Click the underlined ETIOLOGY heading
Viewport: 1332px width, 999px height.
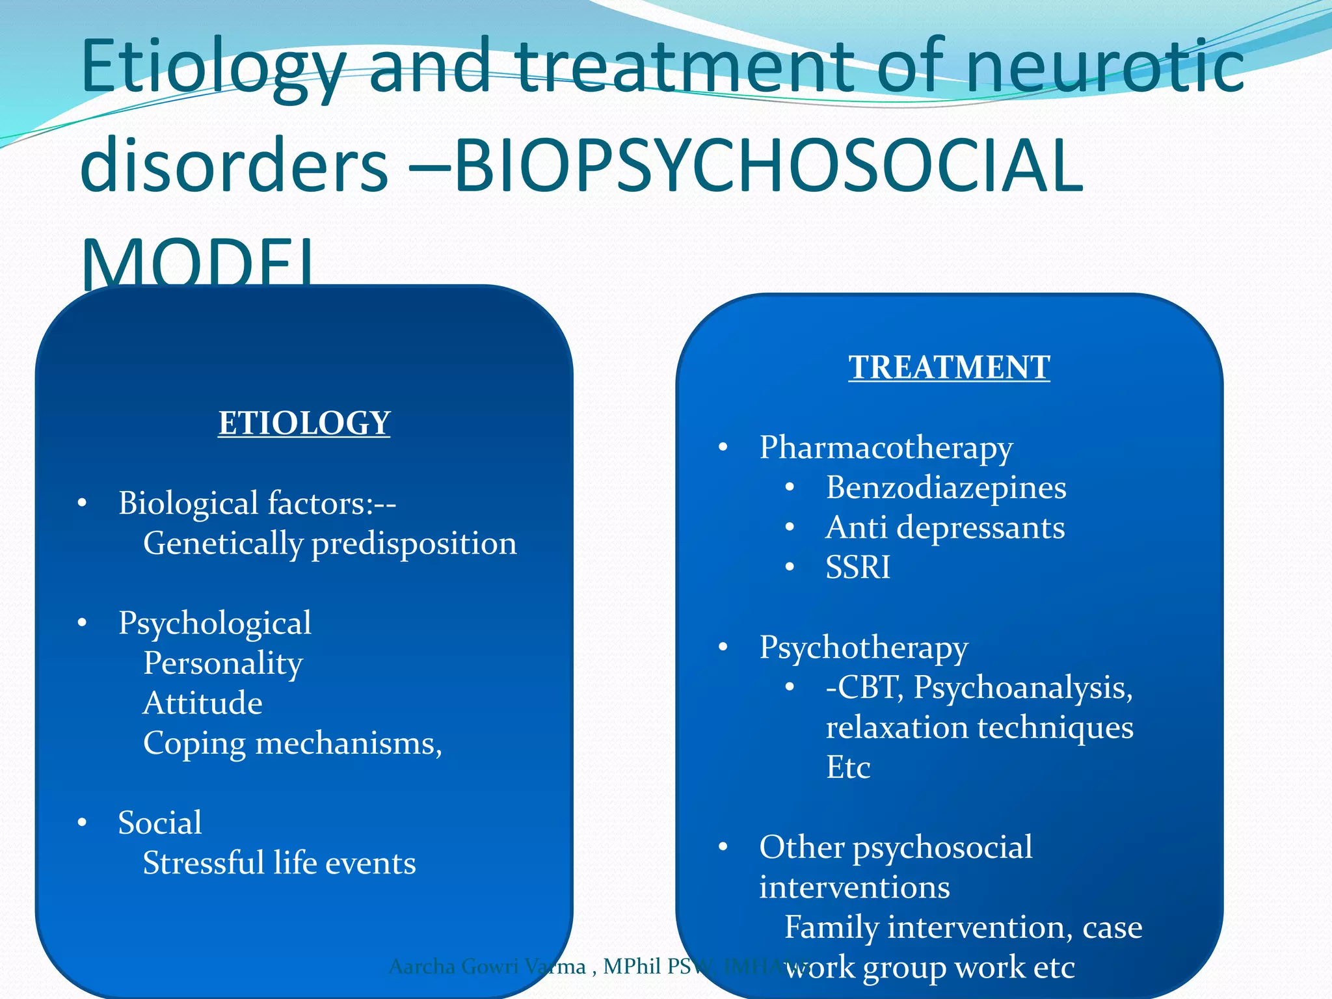[x=304, y=423]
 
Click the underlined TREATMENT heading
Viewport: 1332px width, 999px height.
[x=949, y=367]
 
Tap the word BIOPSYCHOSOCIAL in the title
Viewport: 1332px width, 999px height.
[x=768, y=166]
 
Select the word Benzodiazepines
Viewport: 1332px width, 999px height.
[x=946, y=488]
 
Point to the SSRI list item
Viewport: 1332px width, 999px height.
[x=857, y=567]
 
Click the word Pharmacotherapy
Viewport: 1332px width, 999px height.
[x=886, y=448]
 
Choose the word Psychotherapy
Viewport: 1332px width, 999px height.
[x=864, y=648]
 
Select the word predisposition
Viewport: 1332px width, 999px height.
[x=414, y=544]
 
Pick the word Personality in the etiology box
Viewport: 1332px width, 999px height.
[x=222, y=663]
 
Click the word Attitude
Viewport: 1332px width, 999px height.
[x=202, y=704]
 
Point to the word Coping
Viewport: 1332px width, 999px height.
[x=194, y=744]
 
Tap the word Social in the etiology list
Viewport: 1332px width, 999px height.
[x=160, y=823]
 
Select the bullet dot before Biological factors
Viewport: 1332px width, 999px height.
[x=82, y=503]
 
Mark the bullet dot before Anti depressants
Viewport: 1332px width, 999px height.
[x=790, y=527]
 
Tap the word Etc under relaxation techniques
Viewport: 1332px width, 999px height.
[x=847, y=768]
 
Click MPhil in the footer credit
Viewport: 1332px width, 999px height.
[x=632, y=967]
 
